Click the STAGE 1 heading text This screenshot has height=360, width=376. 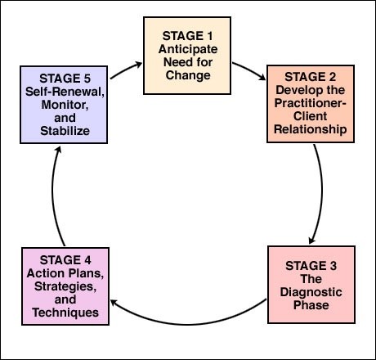pos(187,36)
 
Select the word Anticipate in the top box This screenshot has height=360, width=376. pos(188,49)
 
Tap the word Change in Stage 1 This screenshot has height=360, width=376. pos(188,75)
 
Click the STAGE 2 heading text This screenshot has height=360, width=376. pos(311,77)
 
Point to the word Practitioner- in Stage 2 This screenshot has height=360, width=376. pos(311,103)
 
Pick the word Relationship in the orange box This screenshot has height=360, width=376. pos(311,129)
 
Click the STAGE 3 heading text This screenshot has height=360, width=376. pos(311,266)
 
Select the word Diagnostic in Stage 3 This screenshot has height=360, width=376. pos(311,292)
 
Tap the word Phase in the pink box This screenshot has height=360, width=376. pos(311,305)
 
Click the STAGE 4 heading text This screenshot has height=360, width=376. pos(65,260)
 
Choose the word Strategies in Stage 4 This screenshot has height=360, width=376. pos(65,286)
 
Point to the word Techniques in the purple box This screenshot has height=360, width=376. pos(65,313)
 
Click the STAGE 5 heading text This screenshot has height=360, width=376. pos(65,79)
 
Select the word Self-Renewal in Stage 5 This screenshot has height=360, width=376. pos(65,92)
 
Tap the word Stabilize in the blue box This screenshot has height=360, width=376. pos(65,131)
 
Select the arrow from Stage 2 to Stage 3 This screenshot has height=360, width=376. pos(320,194)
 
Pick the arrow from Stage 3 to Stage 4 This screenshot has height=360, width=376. pos(188,324)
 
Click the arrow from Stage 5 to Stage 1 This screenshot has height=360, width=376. pos(125,70)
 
